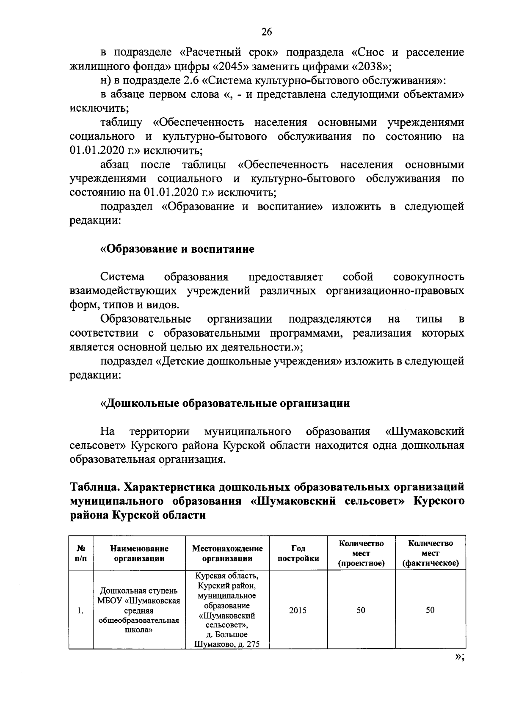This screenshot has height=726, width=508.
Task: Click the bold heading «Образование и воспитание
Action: pyautogui.click(x=177, y=249)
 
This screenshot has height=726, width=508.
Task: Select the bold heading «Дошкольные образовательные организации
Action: pyautogui.click(x=225, y=403)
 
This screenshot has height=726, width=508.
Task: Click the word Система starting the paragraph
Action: pyautogui.click(x=122, y=277)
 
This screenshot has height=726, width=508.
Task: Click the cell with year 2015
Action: pyautogui.click(x=298, y=610)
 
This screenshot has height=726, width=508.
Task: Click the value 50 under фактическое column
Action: pyautogui.click(x=430, y=610)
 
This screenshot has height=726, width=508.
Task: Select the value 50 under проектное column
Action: pyautogui.click(x=361, y=610)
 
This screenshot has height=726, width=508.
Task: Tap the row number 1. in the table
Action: pyautogui.click(x=80, y=611)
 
